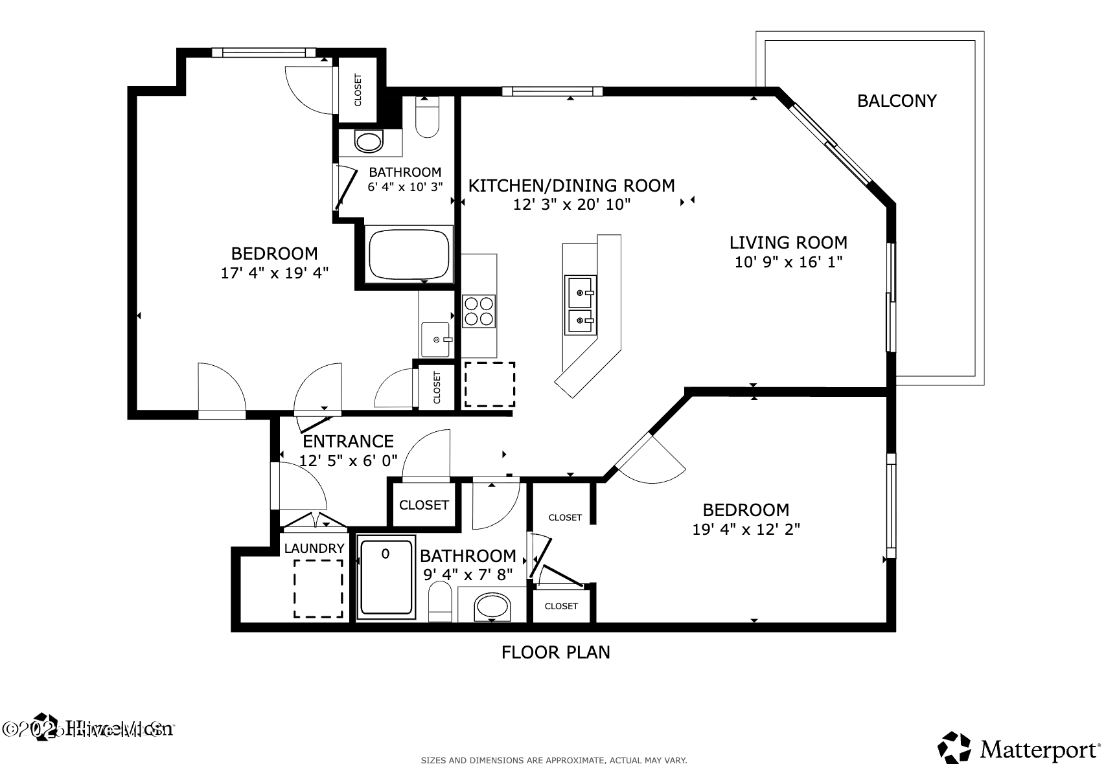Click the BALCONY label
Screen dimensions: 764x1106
tap(897, 101)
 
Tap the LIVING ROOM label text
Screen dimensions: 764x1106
tap(788, 243)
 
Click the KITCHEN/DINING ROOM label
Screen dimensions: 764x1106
tap(571, 186)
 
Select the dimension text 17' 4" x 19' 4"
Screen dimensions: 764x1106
tap(274, 273)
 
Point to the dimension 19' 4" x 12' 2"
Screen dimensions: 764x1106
tap(746, 530)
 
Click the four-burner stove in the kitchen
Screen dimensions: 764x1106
tap(479, 311)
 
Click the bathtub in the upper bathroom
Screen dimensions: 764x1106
tap(409, 254)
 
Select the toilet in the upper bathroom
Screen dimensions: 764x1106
tap(427, 117)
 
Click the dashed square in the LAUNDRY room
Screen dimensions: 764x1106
tap(318, 589)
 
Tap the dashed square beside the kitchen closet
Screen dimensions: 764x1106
tap(489, 385)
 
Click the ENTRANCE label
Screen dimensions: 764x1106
tap(349, 442)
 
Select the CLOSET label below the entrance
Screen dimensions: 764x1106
tap(424, 505)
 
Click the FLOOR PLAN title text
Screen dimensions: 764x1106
tap(556, 652)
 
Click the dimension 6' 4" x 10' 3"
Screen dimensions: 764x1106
tap(405, 187)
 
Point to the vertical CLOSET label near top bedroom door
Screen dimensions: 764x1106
tap(358, 90)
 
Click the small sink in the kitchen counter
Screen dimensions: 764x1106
tap(435, 339)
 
